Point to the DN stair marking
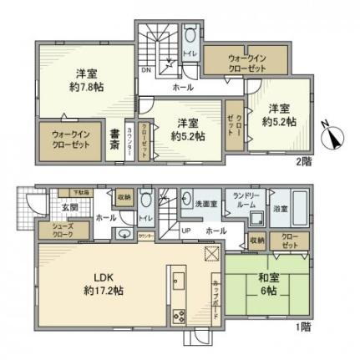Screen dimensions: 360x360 (x=147, y=70)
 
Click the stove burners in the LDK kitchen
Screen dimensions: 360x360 (x=178, y=315)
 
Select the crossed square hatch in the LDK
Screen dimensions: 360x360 (x=210, y=256)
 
